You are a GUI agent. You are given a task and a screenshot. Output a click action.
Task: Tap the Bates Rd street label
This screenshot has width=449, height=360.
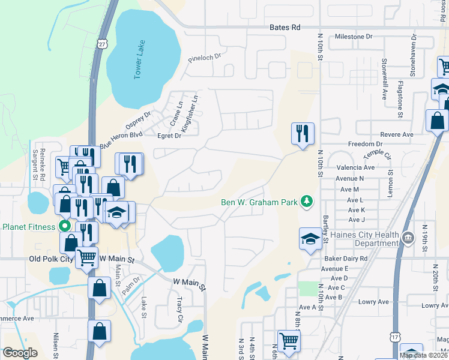(x=285, y=28)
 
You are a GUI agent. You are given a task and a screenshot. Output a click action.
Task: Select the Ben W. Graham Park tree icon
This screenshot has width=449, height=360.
(x=307, y=202)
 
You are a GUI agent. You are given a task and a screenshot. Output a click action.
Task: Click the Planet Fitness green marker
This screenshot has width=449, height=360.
(x=65, y=227)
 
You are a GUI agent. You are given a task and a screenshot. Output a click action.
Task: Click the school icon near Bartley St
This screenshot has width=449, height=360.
(x=310, y=238)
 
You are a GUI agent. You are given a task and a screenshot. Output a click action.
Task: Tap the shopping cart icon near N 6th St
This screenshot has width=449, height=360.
(x=289, y=340)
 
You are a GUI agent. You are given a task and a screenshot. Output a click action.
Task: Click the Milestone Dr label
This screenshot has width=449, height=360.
(x=353, y=37)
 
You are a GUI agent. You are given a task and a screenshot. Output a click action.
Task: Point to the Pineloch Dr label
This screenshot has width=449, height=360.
(x=205, y=59)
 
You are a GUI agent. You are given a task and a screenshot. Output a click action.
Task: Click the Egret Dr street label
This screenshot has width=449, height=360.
(x=169, y=136)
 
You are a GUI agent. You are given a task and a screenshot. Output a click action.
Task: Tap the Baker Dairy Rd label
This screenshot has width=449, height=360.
(x=345, y=259)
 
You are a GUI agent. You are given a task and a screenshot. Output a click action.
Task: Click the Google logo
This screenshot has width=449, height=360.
(x=20, y=353)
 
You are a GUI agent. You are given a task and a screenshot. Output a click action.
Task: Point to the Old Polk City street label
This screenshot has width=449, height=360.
(x=51, y=259)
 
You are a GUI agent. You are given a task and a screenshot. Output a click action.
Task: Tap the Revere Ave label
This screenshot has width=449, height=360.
(x=399, y=135)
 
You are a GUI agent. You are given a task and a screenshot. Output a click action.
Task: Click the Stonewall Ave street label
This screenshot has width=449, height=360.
(x=385, y=74)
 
